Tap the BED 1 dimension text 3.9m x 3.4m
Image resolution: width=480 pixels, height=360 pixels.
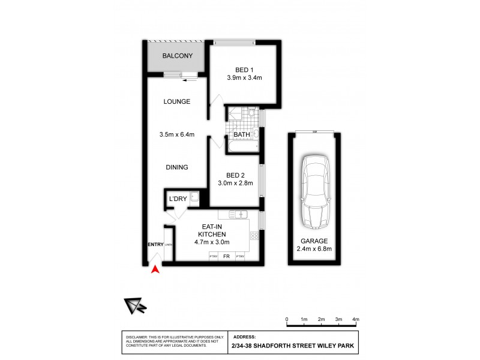tap(244, 77)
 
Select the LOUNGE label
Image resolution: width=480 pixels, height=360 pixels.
tap(177, 101)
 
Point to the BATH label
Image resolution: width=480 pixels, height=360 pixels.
tap(242, 135)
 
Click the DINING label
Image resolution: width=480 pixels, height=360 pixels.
tap(177, 167)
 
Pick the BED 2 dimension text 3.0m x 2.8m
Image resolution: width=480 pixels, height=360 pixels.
tap(236, 183)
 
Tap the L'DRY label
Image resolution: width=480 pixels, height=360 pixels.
tap(178, 199)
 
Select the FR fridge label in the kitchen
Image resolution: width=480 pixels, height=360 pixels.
tap(227, 257)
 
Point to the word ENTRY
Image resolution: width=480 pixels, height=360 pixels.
tap(155, 244)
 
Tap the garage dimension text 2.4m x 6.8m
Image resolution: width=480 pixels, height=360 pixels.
tap(315, 249)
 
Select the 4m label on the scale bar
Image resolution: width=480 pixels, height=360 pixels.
tap(355, 319)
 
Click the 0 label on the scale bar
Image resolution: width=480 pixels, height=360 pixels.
tap(287, 319)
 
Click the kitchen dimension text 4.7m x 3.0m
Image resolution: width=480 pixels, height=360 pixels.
tap(213, 242)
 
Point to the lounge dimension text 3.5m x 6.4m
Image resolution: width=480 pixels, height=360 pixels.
tap(177, 134)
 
